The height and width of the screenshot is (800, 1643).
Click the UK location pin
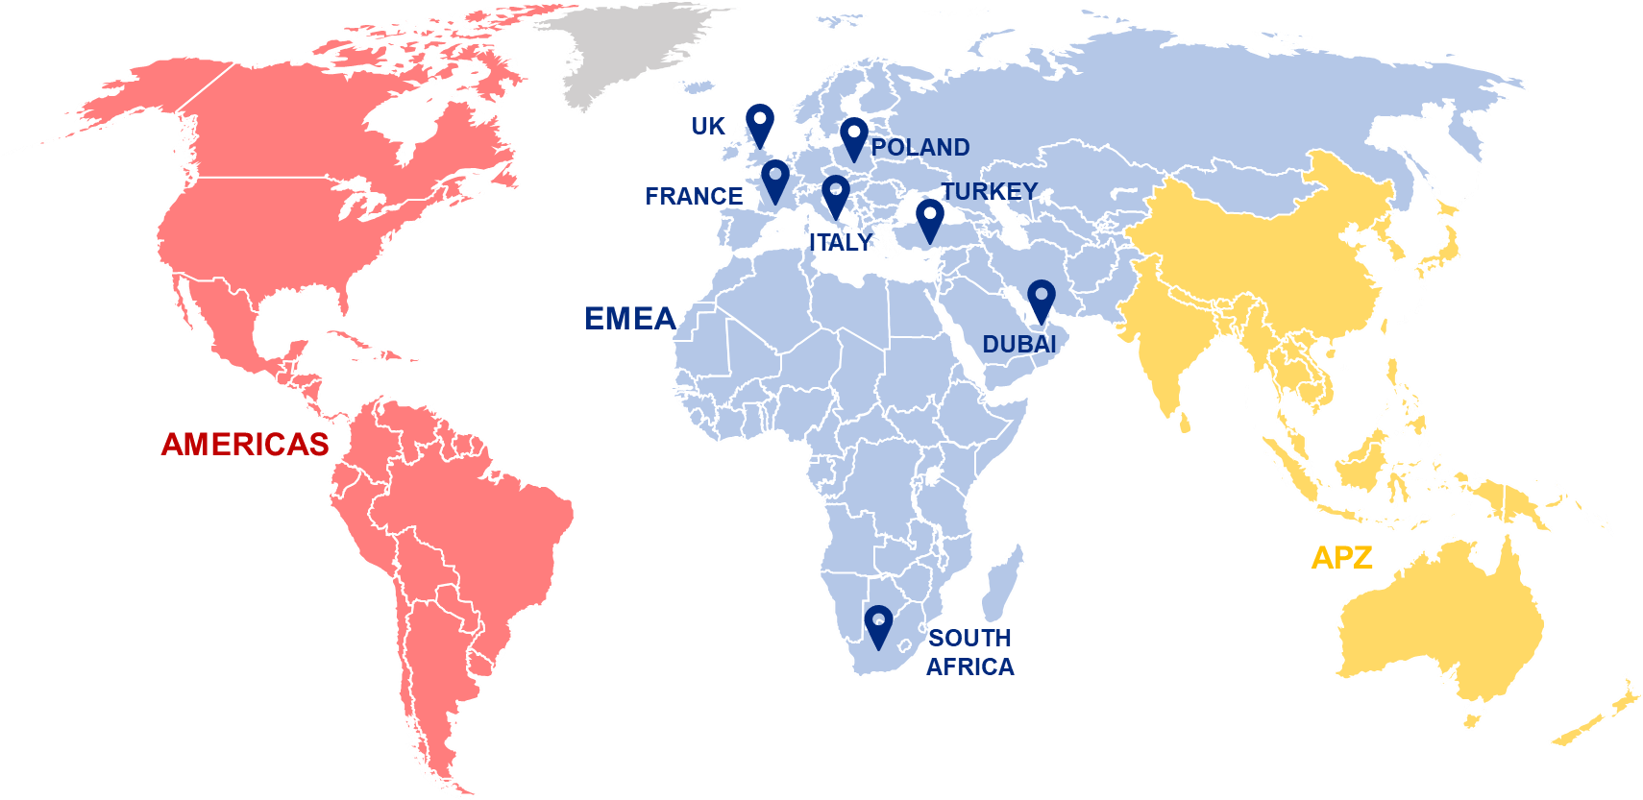[760, 123]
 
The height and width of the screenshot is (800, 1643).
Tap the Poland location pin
[853, 136]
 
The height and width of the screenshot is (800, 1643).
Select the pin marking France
[775, 179]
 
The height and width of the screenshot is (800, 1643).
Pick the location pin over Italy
[836, 195]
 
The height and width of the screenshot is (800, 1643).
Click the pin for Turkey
[929, 219]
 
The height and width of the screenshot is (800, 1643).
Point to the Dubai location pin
[1041, 300]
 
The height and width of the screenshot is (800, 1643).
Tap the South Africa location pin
[878, 625]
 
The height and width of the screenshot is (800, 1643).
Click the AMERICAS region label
[245, 444]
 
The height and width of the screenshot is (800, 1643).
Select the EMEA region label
[629, 319]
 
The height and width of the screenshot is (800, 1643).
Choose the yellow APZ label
[1341, 557]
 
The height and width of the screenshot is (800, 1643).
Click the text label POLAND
[920, 148]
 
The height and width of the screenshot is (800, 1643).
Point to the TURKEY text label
[990, 192]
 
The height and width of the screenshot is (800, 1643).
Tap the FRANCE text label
[693, 197]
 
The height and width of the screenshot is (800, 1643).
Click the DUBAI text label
[1018, 344]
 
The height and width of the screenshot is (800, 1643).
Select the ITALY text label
[841, 243]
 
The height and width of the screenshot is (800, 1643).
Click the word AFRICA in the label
[969, 667]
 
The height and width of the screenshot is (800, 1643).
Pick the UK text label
[708, 126]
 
